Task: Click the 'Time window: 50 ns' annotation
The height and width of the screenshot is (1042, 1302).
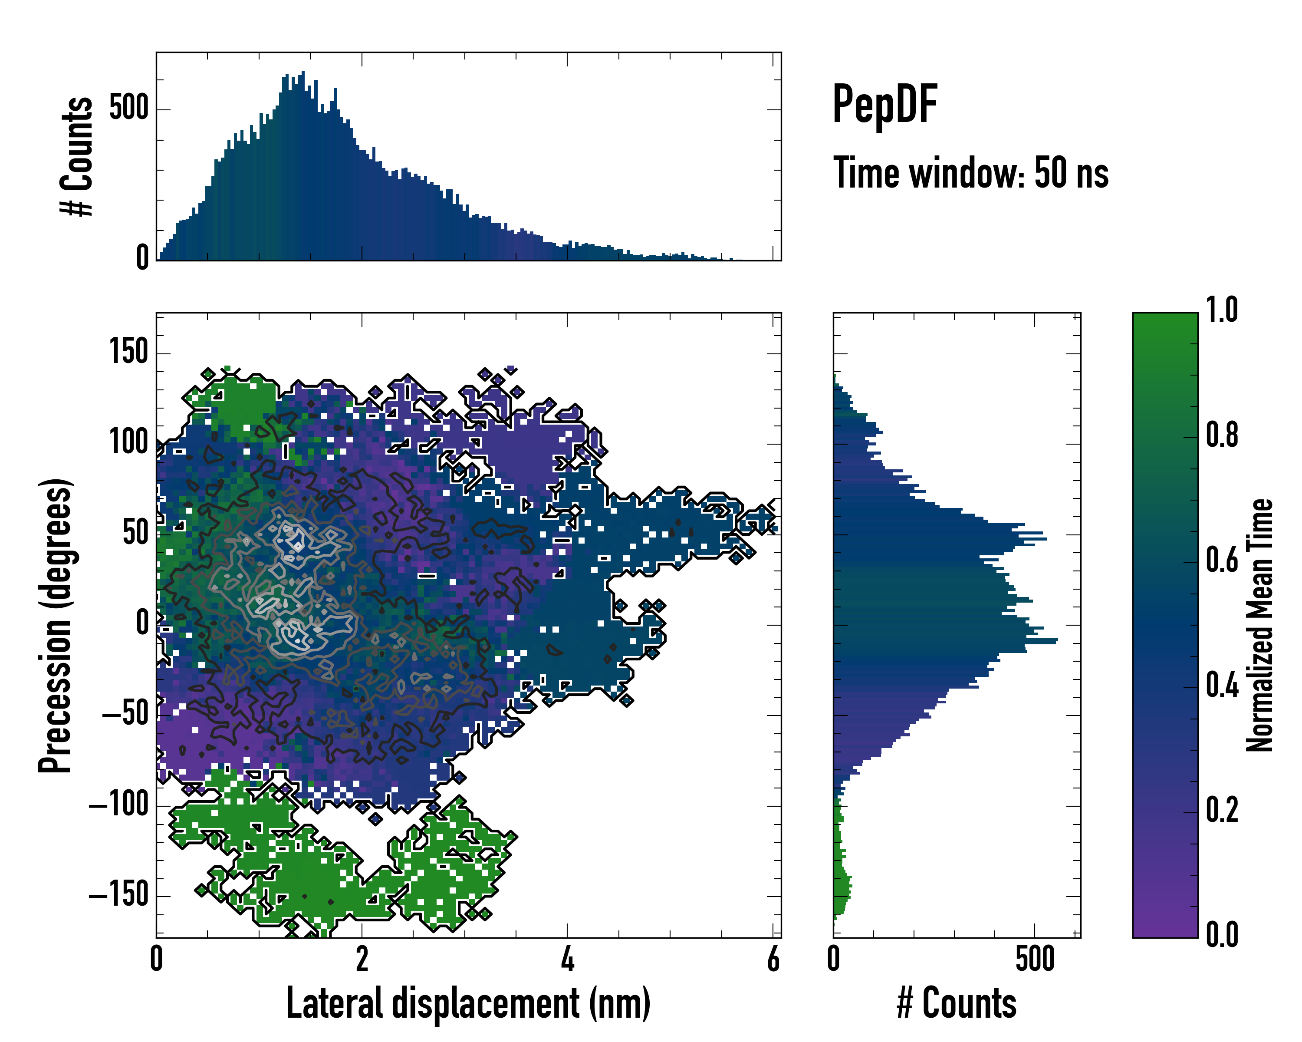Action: point(970,173)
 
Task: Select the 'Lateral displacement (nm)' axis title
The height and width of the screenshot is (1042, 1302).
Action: point(468,1003)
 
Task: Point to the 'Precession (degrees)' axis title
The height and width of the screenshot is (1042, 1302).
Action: point(56,625)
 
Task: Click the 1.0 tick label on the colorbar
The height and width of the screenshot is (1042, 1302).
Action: point(1222,310)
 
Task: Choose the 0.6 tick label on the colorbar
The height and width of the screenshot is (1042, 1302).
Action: point(1222,560)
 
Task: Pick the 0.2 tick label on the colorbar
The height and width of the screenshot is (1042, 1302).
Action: point(1222,810)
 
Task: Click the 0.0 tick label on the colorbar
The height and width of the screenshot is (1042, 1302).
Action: point(1222,934)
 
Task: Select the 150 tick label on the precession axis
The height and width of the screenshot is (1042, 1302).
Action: point(128,352)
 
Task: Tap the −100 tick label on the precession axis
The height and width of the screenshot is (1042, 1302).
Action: point(119,805)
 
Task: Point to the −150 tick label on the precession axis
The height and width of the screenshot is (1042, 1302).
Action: point(119,895)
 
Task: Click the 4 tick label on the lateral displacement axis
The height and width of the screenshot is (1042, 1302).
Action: point(567,960)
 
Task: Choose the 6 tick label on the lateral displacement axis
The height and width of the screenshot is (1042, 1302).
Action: point(773,960)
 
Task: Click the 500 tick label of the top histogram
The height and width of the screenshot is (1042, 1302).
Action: point(128,109)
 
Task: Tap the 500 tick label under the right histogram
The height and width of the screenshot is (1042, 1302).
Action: point(1035,960)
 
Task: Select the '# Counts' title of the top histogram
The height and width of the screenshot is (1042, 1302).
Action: point(77,156)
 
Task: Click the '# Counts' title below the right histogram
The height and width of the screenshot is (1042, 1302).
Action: point(957,1003)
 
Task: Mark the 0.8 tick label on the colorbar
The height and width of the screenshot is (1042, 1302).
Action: point(1222,435)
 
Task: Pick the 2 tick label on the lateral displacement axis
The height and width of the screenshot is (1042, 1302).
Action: point(362,960)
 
